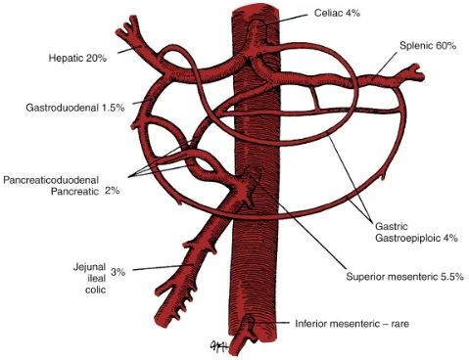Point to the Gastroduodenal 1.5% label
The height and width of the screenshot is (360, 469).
click(x=74, y=107)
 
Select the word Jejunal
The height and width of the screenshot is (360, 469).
click(x=89, y=266)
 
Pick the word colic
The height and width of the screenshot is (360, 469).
click(x=95, y=289)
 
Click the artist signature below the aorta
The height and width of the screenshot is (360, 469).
click(x=216, y=345)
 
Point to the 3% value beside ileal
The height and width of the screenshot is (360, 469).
click(x=117, y=272)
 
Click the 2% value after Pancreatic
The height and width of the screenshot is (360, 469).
click(x=112, y=191)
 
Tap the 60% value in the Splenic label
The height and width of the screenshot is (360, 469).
click(x=445, y=46)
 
